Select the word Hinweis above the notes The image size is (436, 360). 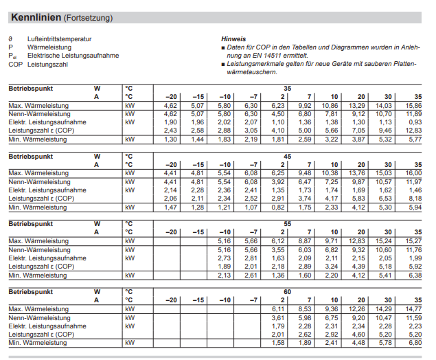pyautogui.click(x=233, y=39)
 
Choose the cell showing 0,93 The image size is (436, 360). pyautogui.click(x=413, y=122)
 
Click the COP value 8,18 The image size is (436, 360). pyautogui.click(x=413, y=198)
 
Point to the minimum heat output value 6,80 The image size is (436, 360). pyautogui.click(x=413, y=342)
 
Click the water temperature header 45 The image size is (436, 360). pyautogui.click(x=287, y=156)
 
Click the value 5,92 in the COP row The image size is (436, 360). pyautogui.click(x=413, y=265)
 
